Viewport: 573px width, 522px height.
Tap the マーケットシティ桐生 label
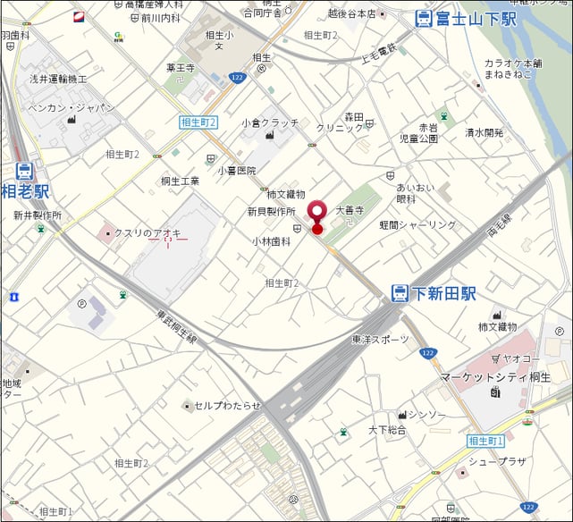[x=496, y=378]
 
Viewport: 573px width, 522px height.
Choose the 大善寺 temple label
[x=350, y=211]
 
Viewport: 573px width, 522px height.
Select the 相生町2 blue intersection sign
[x=198, y=122]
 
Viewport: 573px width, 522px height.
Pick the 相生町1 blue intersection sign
[x=486, y=441]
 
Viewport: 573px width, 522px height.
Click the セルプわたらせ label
[x=227, y=406]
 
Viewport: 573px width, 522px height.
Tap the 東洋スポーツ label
[x=380, y=340]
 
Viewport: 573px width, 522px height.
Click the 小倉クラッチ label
[x=270, y=122]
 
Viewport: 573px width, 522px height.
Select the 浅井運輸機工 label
[x=57, y=80]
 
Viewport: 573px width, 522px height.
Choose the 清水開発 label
[x=484, y=132]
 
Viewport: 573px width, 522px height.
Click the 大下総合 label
[x=387, y=430]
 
